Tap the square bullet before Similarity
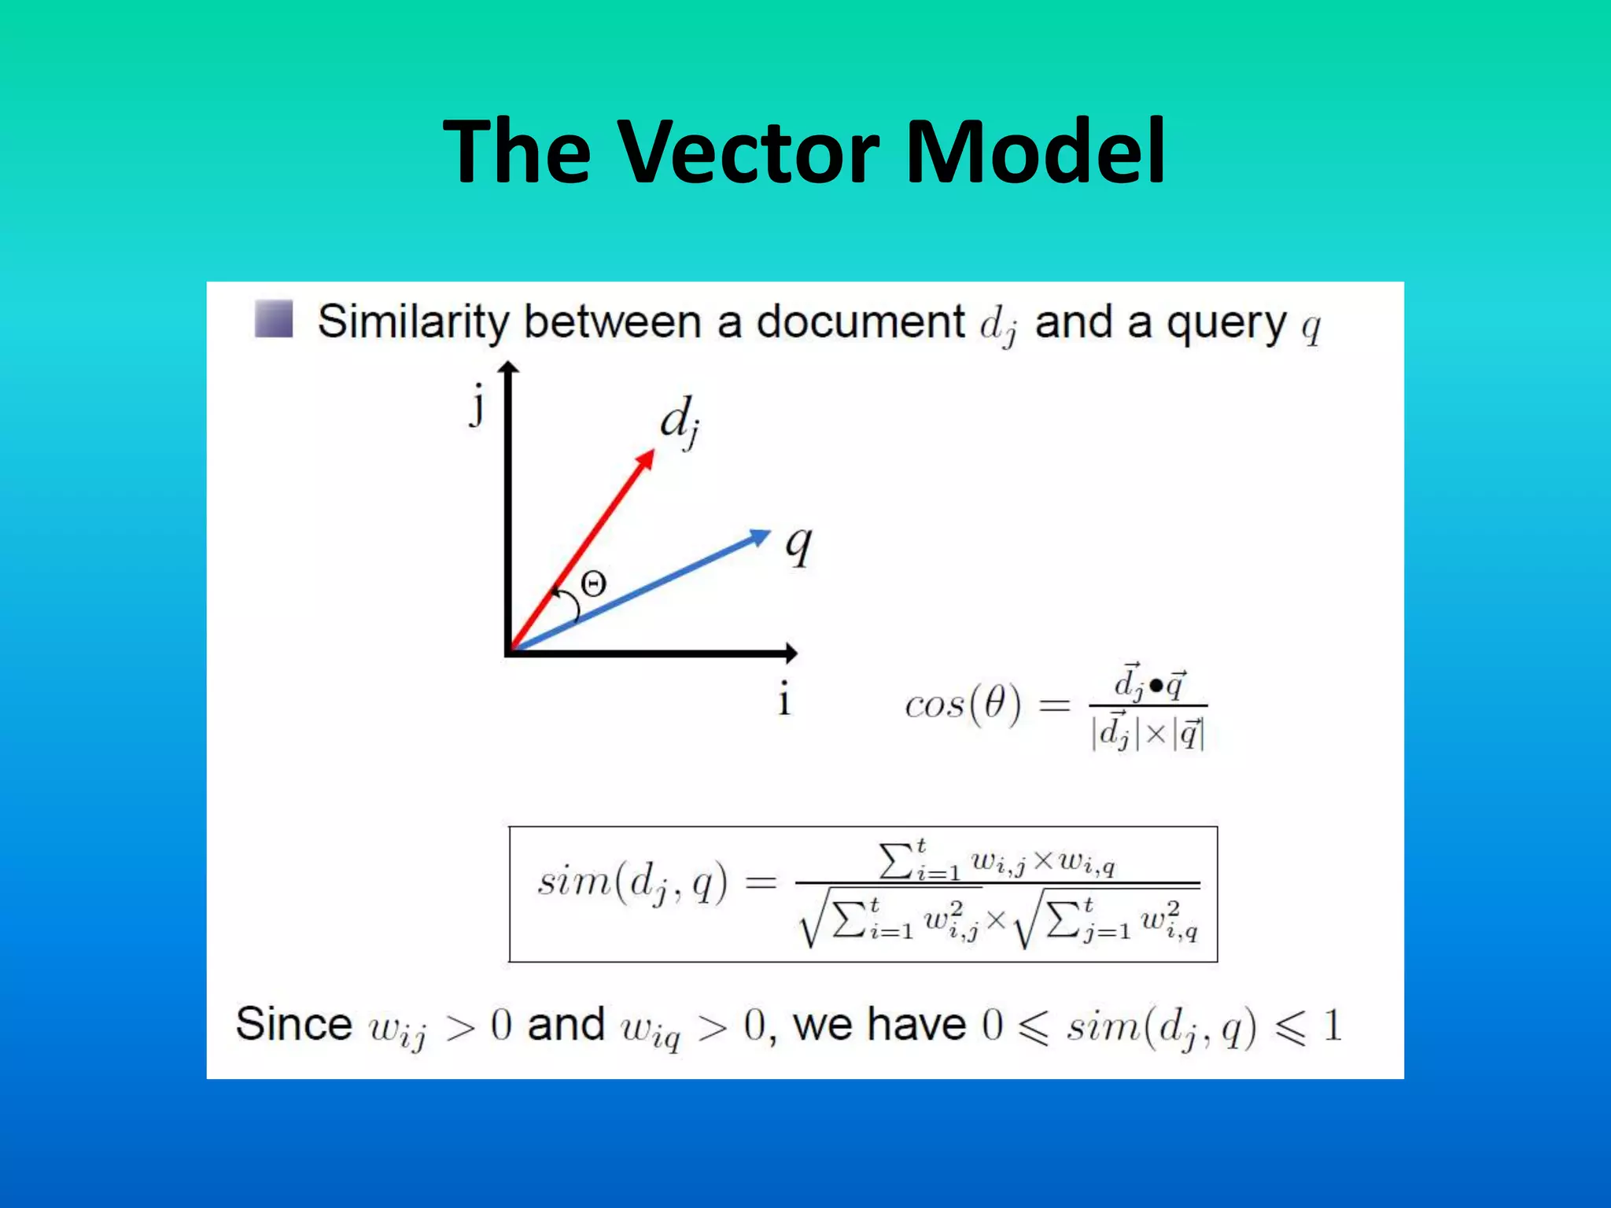click(x=274, y=319)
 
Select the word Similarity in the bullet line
click(x=414, y=322)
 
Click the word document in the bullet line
click(x=860, y=322)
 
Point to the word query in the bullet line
click(x=1226, y=323)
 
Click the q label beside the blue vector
click(x=799, y=544)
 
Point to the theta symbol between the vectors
click(x=594, y=584)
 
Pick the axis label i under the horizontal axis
click(x=783, y=700)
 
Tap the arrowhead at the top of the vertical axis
click(x=509, y=367)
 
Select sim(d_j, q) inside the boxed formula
click(x=632, y=882)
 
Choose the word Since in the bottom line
click(x=293, y=1024)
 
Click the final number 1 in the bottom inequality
click(x=1332, y=1026)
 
